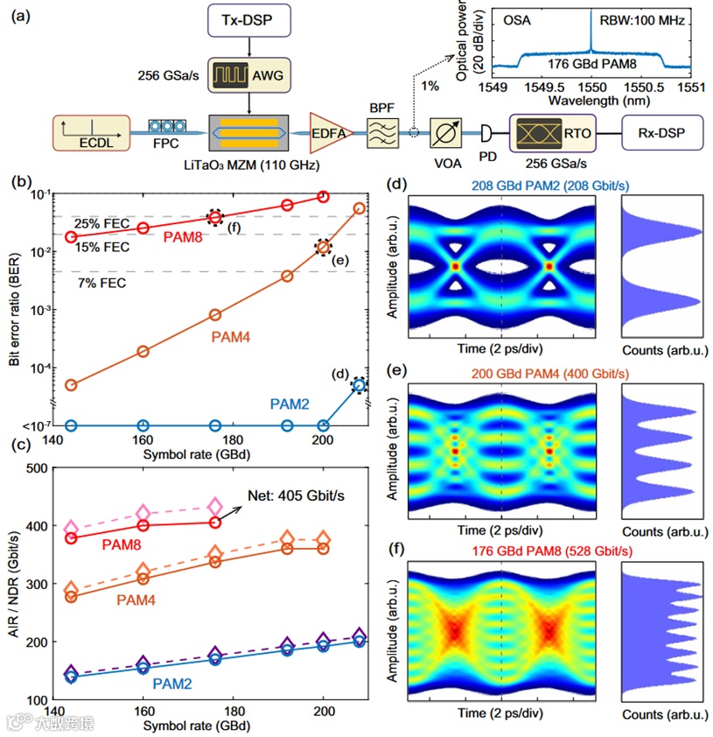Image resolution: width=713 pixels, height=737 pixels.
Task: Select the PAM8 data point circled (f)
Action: (215, 218)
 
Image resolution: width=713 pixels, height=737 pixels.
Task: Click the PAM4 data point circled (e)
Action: (324, 248)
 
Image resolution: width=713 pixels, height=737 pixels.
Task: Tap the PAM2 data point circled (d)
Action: (359, 384)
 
